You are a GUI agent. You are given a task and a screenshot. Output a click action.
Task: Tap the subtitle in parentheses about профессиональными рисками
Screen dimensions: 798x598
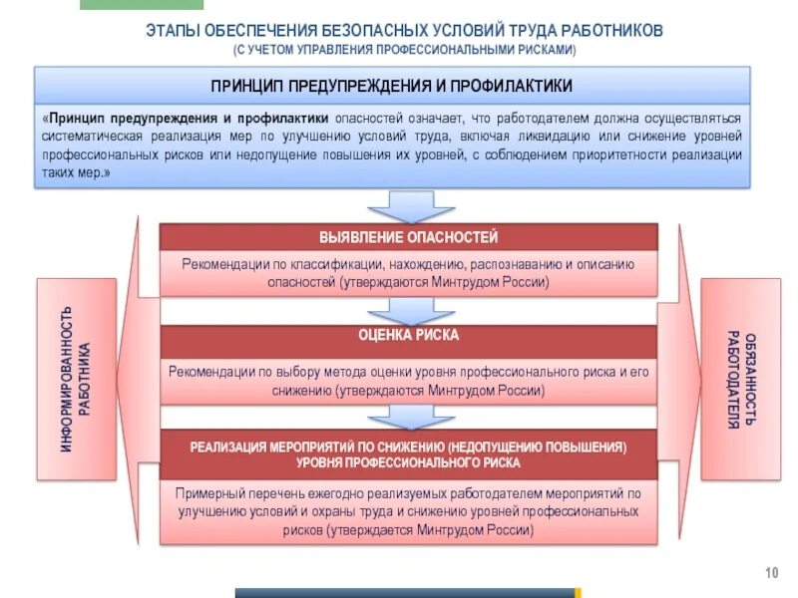click(404, 49)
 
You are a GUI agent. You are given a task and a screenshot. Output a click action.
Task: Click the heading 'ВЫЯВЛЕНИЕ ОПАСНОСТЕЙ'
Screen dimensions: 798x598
click(408, 237)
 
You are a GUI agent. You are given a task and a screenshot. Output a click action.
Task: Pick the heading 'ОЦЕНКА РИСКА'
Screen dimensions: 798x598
click(409, 336)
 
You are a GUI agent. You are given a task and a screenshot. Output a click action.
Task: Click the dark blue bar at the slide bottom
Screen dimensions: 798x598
click(404, 593)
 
